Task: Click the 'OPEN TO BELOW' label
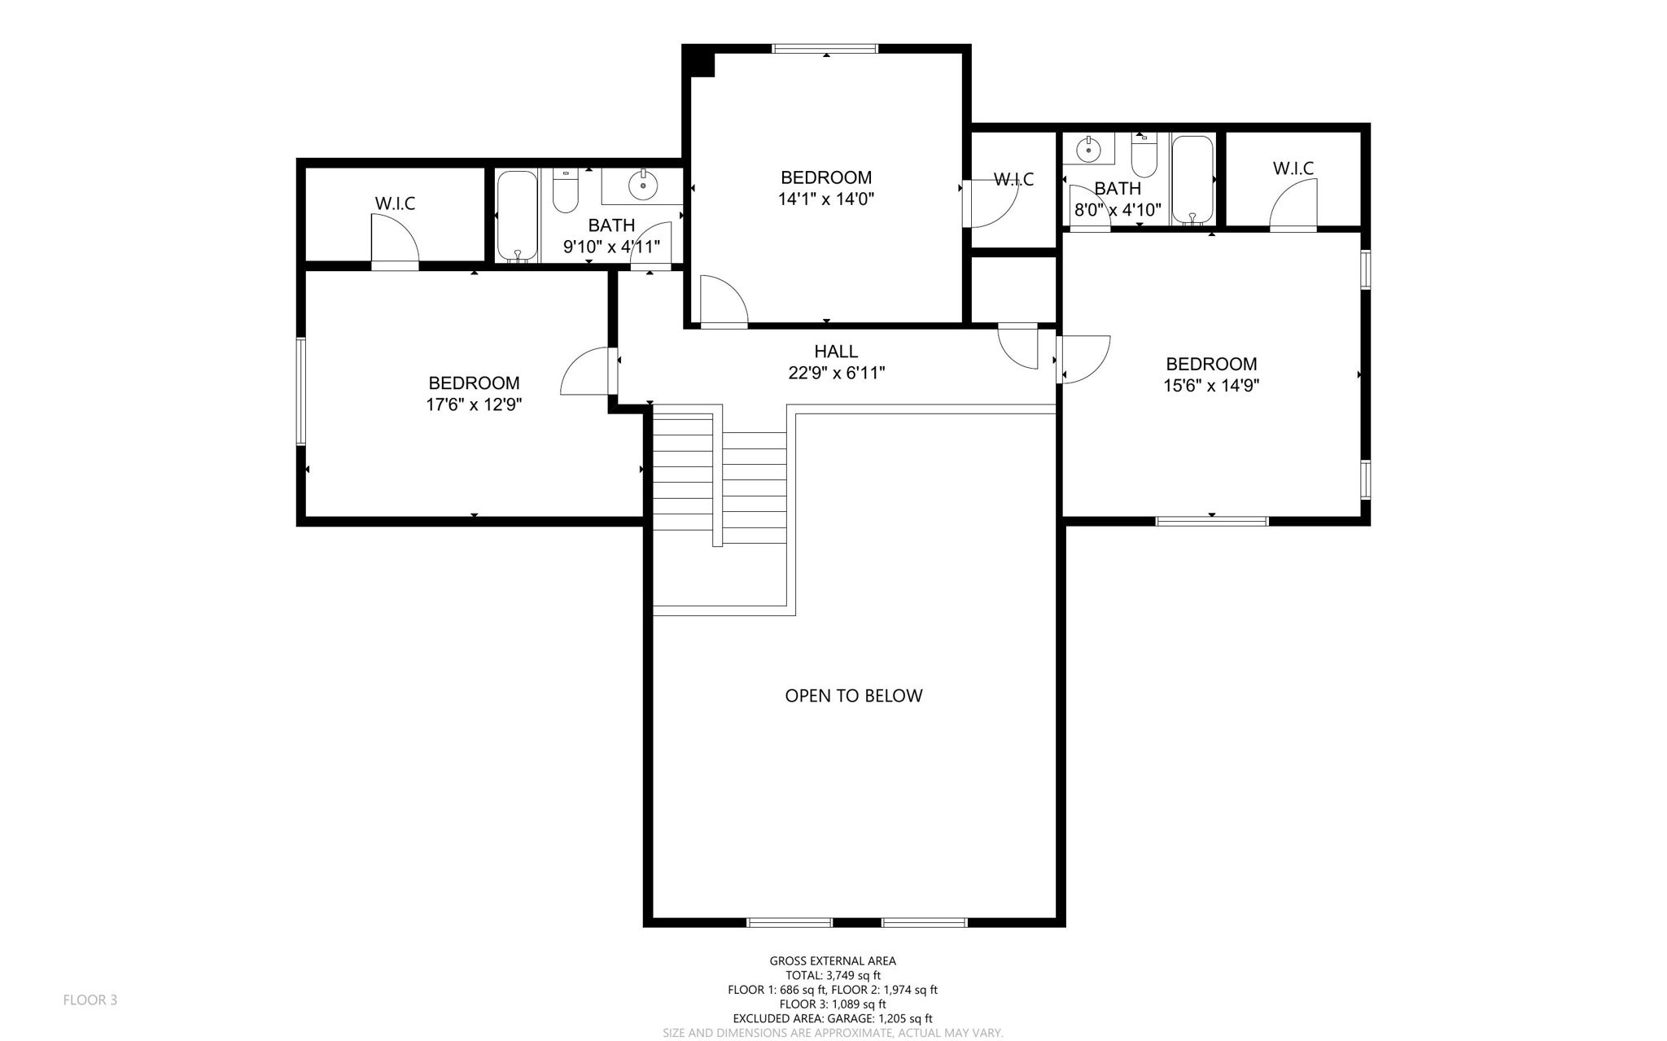[x=853, y=696]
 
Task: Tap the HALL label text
[x=836, y=352]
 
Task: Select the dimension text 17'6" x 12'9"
[x=474, y=405]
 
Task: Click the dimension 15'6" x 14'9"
[x=1211, y=386]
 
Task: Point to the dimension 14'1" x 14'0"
[x=825, y=199]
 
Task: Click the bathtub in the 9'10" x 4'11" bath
[x=517, y=216]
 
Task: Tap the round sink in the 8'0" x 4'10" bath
[x=1088, y=151]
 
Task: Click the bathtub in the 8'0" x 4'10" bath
[x=1192, y=180]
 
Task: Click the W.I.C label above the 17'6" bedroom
[x=395, y=203]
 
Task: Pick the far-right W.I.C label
[x=1293, y=168]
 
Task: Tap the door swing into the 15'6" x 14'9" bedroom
[x=1086, y=359]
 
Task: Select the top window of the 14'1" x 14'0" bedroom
[x=825, y=49]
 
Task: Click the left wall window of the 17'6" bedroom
[x=301, y=391]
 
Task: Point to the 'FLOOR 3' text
[x=90, y=1000]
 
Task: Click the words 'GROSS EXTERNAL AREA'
[x=833, y=961]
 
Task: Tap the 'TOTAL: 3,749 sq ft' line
[x=833, y=975]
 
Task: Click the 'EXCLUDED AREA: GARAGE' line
[x=833, y=1018]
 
